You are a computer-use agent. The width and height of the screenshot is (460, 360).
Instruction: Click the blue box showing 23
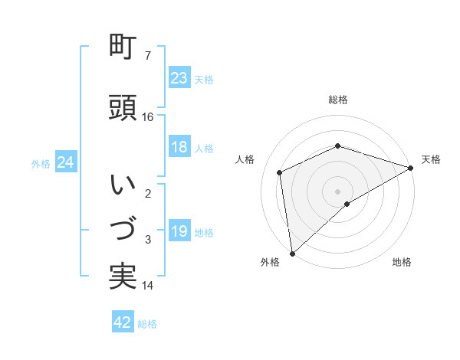(x=179, y=78)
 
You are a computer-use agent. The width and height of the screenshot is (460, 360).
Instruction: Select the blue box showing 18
(x=179, y=148)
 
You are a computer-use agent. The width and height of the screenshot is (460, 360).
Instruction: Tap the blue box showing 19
(x=179, y=232)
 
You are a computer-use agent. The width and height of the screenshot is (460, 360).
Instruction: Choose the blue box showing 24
(x=65, y=163)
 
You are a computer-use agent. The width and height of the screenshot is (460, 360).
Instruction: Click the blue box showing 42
(x=123, y=322)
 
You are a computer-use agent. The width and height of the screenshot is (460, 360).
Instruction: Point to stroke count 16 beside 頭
(x=148, y=117)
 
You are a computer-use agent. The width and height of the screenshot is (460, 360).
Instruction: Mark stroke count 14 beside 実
(x=148, y=286)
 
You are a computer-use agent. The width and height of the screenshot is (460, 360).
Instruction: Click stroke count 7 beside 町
(x=148, y=55)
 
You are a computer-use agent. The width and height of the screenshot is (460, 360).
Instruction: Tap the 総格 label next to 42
(x=147, y=324)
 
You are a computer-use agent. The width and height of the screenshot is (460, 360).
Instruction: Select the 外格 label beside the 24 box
(x=41, y=164)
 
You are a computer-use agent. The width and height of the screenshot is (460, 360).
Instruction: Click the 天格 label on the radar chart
(x=431, y=159)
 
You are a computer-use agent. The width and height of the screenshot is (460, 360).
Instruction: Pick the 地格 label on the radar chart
(x=402, y=262)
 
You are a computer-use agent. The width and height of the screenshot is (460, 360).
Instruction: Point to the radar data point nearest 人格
(x=280, y=172)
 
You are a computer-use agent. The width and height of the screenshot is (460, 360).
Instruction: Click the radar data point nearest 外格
(x=291, y=254)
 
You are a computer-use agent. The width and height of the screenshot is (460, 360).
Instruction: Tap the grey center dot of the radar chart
(x=337, y=191)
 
